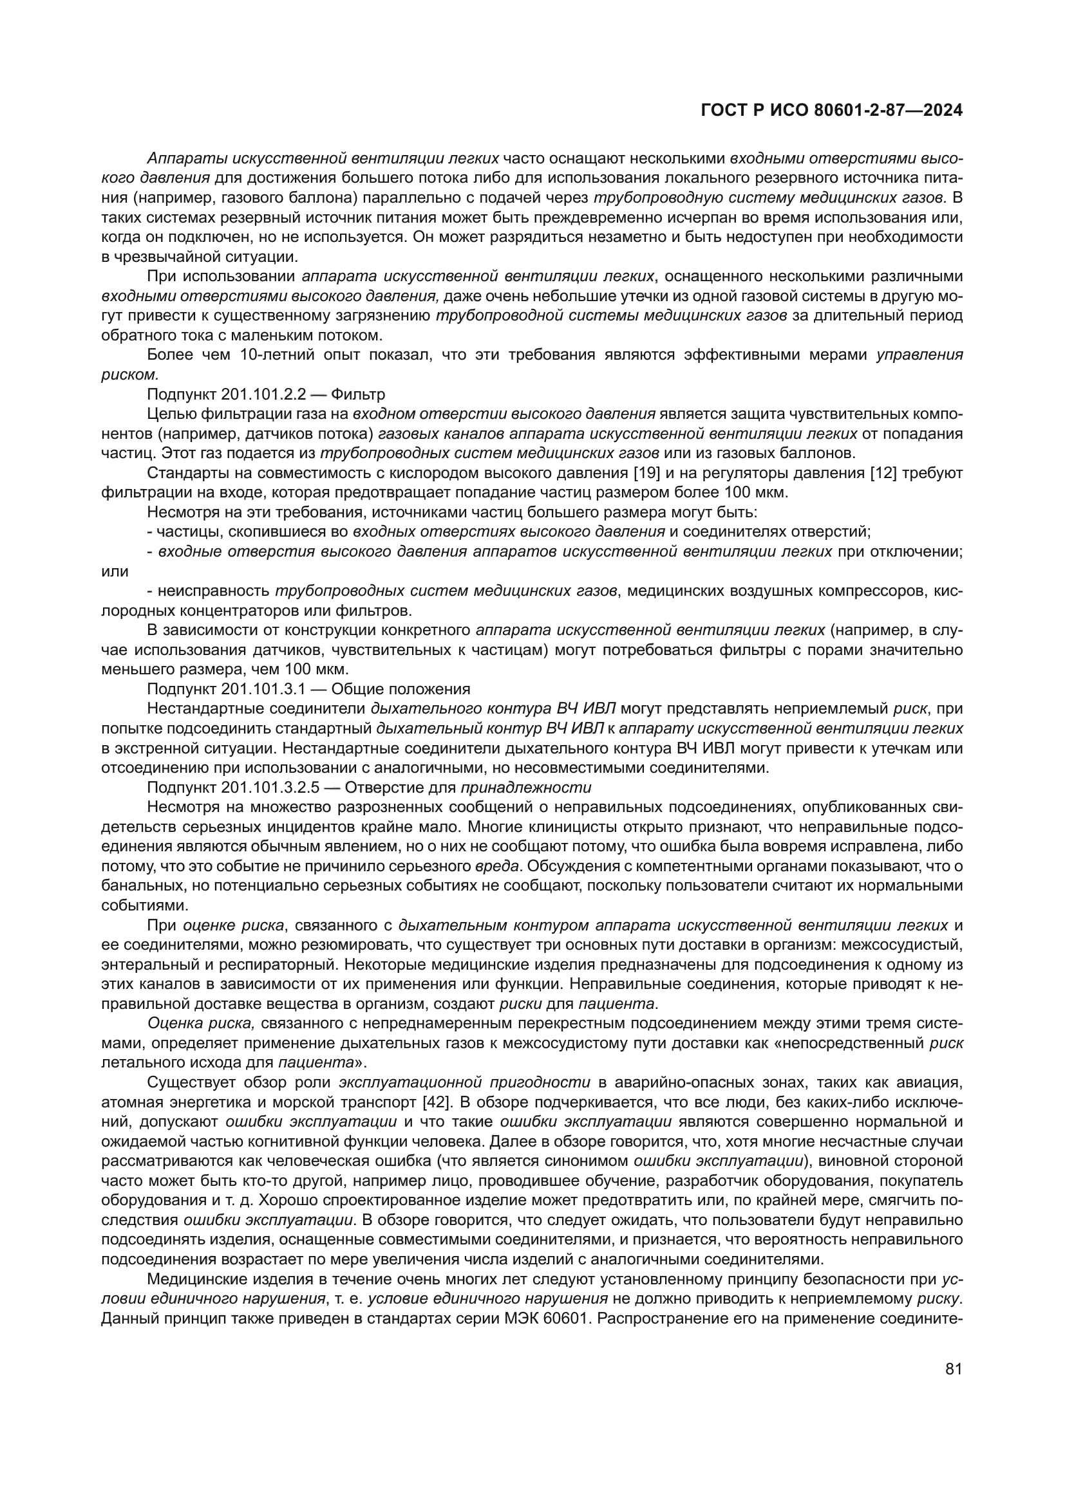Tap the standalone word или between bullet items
click(115, 571)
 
